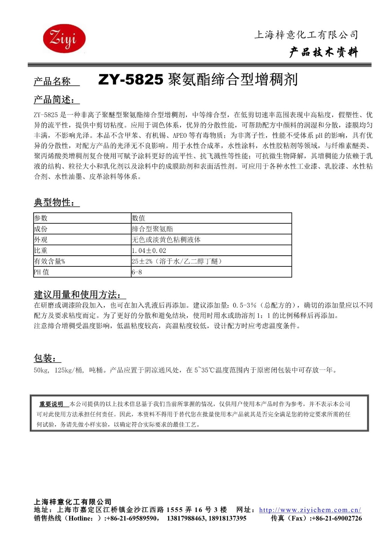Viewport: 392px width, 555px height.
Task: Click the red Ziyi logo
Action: (64, 38)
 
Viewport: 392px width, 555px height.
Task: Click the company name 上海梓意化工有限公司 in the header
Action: (306, 35)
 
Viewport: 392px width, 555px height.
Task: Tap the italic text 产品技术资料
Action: (323, 52)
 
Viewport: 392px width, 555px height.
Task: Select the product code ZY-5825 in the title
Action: (131, 80)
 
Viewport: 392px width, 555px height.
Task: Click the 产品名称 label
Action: (52, 81)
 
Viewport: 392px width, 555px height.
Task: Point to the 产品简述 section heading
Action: (54, 100)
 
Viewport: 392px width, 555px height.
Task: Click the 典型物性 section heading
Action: (54, 202)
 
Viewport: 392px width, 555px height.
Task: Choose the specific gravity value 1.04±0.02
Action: (149, 250)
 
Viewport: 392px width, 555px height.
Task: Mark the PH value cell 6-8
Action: (137, 272)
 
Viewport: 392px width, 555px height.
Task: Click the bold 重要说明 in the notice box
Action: (51, 404)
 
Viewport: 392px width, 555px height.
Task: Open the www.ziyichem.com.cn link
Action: (310, 510)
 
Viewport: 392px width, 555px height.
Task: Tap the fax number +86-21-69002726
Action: (337, 518)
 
